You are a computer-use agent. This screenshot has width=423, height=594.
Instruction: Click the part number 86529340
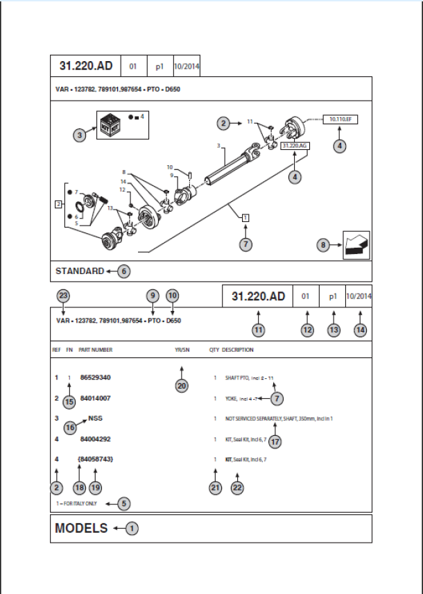(96, 377)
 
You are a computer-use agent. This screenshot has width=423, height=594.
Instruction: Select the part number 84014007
(96, 398)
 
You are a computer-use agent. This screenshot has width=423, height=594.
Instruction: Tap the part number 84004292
(96, 439)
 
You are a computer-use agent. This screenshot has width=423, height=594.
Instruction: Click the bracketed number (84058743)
(96, 460)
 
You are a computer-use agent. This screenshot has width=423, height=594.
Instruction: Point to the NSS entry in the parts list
(96, 419)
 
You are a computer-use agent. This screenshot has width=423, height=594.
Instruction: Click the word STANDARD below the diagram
(80, 271)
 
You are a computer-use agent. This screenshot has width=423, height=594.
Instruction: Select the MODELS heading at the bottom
(81, 529)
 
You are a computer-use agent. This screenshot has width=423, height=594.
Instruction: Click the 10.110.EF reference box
(340, 120)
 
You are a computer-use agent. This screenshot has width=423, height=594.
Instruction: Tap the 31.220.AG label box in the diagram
(295, 146)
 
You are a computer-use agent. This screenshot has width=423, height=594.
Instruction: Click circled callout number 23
(63, 296)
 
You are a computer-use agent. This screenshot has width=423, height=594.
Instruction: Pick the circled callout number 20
(182, 387)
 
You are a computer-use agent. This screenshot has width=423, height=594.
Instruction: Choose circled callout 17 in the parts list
(275, 440)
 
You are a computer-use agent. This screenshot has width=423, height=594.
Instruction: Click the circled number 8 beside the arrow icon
(323, 245)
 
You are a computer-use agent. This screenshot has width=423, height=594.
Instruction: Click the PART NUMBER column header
(96, 350)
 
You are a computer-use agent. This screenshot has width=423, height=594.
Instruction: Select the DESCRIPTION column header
(238, 350)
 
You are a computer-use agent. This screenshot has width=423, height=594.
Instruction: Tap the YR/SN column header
(183, 350)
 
